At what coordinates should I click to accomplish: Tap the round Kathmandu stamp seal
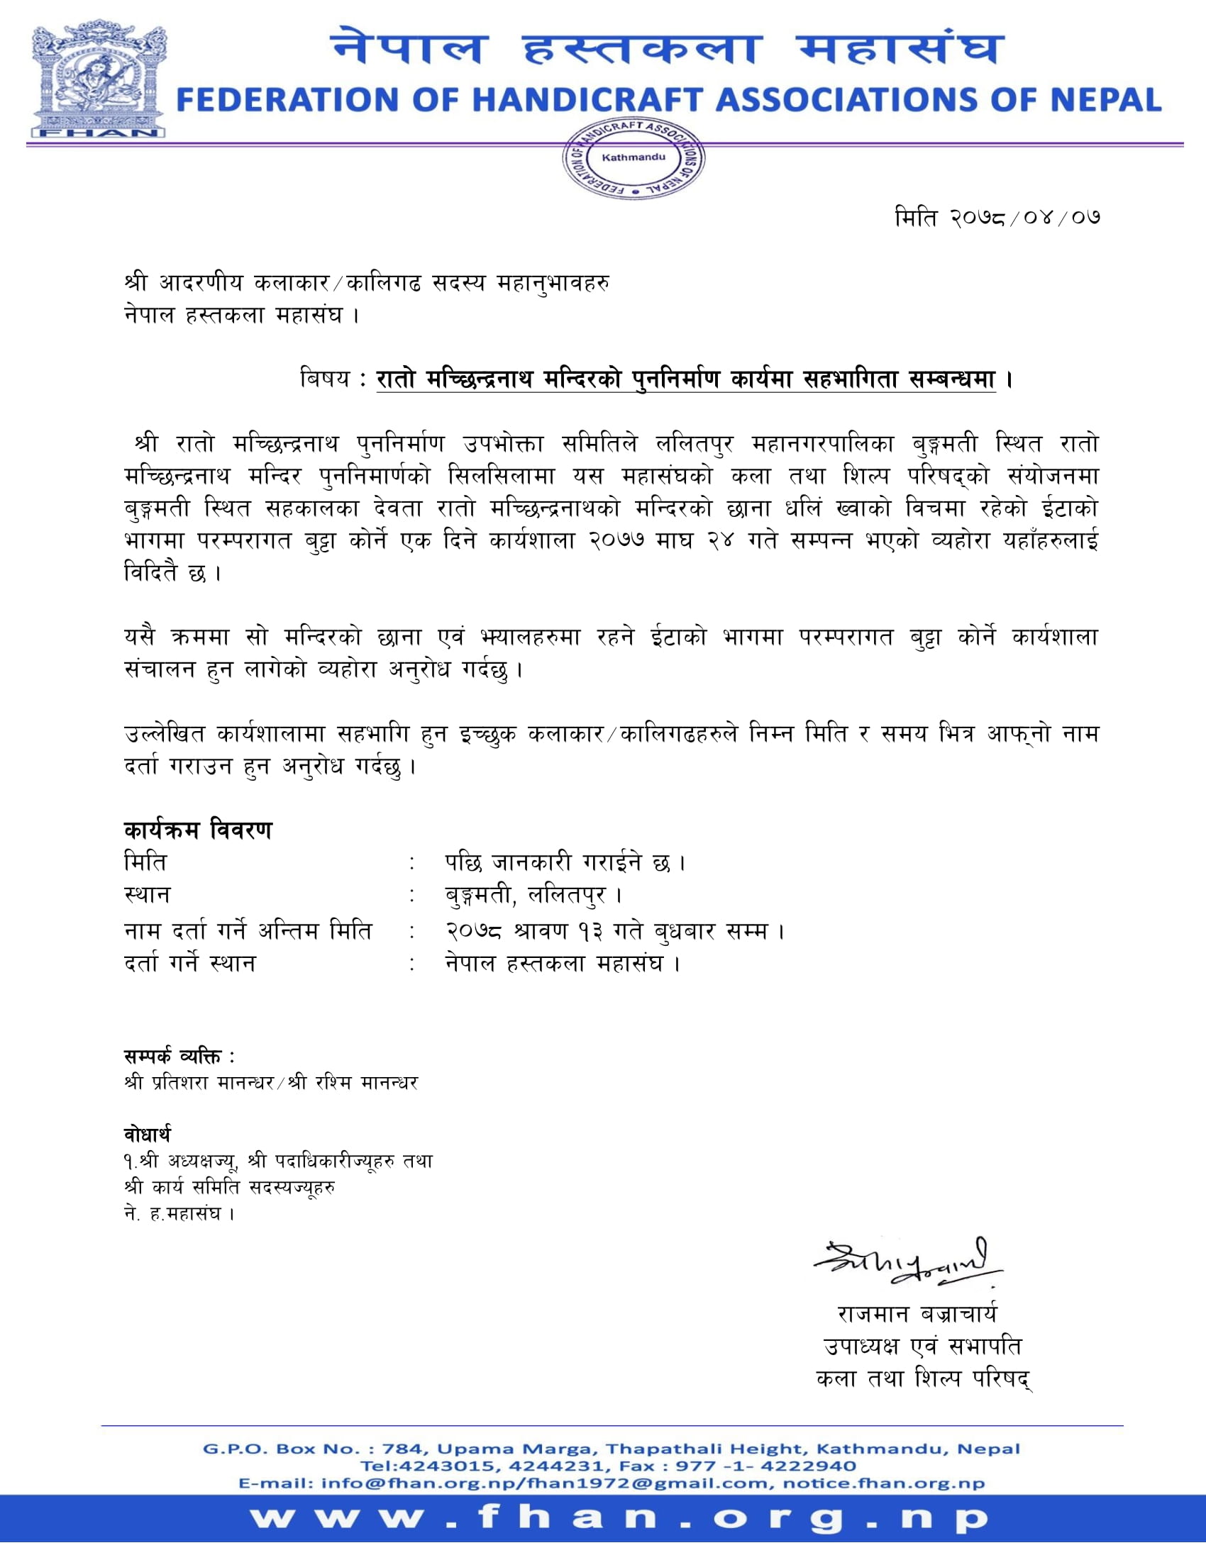coord(632,160)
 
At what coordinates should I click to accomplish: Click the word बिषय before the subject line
coord(325,379)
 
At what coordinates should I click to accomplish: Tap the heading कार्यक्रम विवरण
coord(198,831)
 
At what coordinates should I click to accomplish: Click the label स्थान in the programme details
coord(147,896)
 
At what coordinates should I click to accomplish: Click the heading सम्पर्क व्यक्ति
coord(179,1057)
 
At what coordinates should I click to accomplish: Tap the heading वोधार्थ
coord(147,1135)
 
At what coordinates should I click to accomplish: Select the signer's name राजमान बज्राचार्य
coord(917,1314)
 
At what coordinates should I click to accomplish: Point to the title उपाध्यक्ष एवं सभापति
coord(922,1347)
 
